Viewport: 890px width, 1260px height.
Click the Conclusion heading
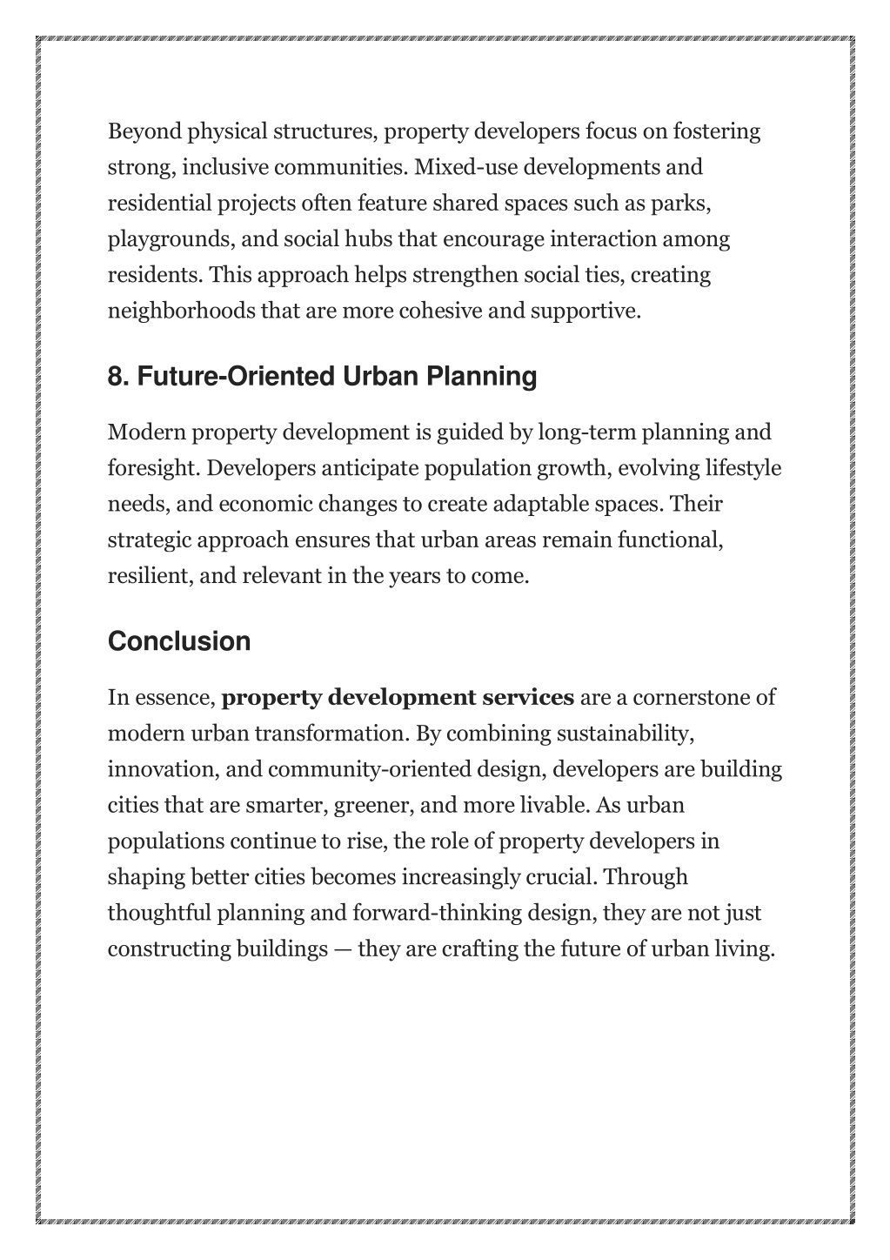coord(179,642)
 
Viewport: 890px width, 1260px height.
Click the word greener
coord(373,806)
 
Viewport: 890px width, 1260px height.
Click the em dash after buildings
coord(342,949)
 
